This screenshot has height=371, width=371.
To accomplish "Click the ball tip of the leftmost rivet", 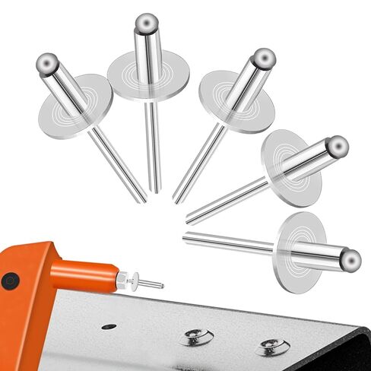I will click(47, 62).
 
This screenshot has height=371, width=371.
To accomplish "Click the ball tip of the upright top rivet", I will click(146, 22).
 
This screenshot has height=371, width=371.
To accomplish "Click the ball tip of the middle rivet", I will click(264, 59).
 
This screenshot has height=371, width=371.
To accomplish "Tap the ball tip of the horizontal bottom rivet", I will click(350, 261).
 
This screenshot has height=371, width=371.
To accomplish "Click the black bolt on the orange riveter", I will click(10, 281).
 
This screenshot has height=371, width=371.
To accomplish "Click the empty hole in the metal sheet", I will click(109, 326).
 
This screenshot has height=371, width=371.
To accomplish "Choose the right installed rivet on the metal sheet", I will click(271, 347).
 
